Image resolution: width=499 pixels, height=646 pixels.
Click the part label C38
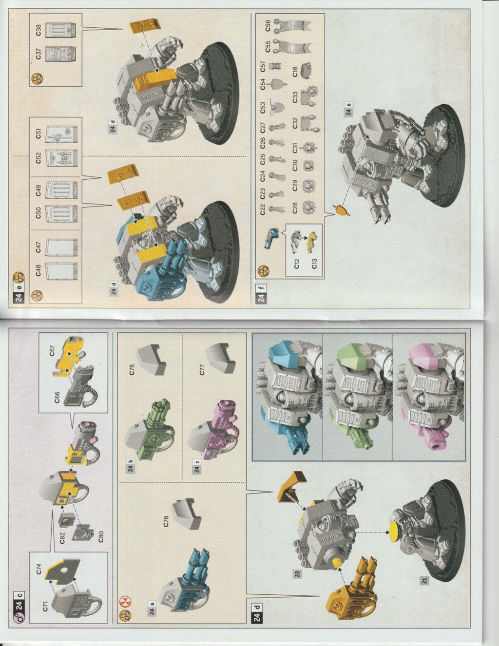(x=38, y=30)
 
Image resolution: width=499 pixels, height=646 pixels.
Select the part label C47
(x=38, y=247)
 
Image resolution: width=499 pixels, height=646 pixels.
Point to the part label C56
(x=268, y=26)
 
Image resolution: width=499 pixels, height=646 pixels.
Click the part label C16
(x=295, y=72)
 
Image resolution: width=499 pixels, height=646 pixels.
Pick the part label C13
(x=315, y=264)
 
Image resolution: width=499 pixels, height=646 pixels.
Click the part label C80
(x=101, y=536)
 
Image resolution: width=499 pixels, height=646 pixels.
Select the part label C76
(x=166, y=521)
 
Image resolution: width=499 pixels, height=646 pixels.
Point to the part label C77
(x=202, y=369)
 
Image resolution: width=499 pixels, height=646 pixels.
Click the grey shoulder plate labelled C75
(x=152, y=359)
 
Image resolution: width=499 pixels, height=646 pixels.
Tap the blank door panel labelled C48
(x=61, y=271)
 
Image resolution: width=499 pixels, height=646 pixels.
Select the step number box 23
(x=297, y=573)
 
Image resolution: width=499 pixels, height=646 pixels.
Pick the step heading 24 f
(x=261, y=293)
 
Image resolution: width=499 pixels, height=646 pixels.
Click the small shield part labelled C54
(x=277, y=84)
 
